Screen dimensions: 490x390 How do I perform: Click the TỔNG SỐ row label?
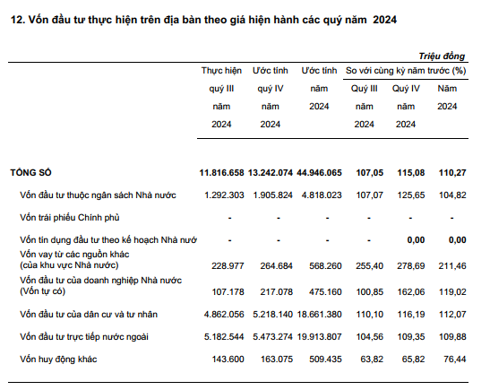coord(30,173)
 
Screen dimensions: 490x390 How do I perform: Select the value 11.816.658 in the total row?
coord(221,173)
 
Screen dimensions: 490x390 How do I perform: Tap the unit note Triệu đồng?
coord(442,56)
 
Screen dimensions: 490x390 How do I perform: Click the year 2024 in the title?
coord(384,20)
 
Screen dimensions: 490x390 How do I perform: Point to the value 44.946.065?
coord(319,173)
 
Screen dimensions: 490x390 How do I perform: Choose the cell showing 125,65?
coord(411,195)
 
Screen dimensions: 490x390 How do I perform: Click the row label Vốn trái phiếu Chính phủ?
coord(70,217)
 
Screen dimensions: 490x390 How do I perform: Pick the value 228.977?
coord(228,266)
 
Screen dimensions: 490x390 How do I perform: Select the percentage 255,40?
coord(369,266)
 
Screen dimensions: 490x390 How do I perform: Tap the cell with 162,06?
coord(411,291)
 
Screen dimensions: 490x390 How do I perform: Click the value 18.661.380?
coord(320,315)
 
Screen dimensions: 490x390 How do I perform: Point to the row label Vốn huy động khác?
coord(58,359)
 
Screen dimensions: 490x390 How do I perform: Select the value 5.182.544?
coord(224,337)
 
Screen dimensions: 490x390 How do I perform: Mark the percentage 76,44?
coord(455,359)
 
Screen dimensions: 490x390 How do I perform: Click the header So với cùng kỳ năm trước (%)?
coord(406,71)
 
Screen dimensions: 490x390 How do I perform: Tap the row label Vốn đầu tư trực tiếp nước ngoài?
coord(84,337)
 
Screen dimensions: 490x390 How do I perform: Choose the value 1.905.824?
coord(273,195)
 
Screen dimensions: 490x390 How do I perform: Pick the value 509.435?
coord(326,359)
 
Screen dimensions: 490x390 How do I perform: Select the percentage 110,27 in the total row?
coord(452,173)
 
